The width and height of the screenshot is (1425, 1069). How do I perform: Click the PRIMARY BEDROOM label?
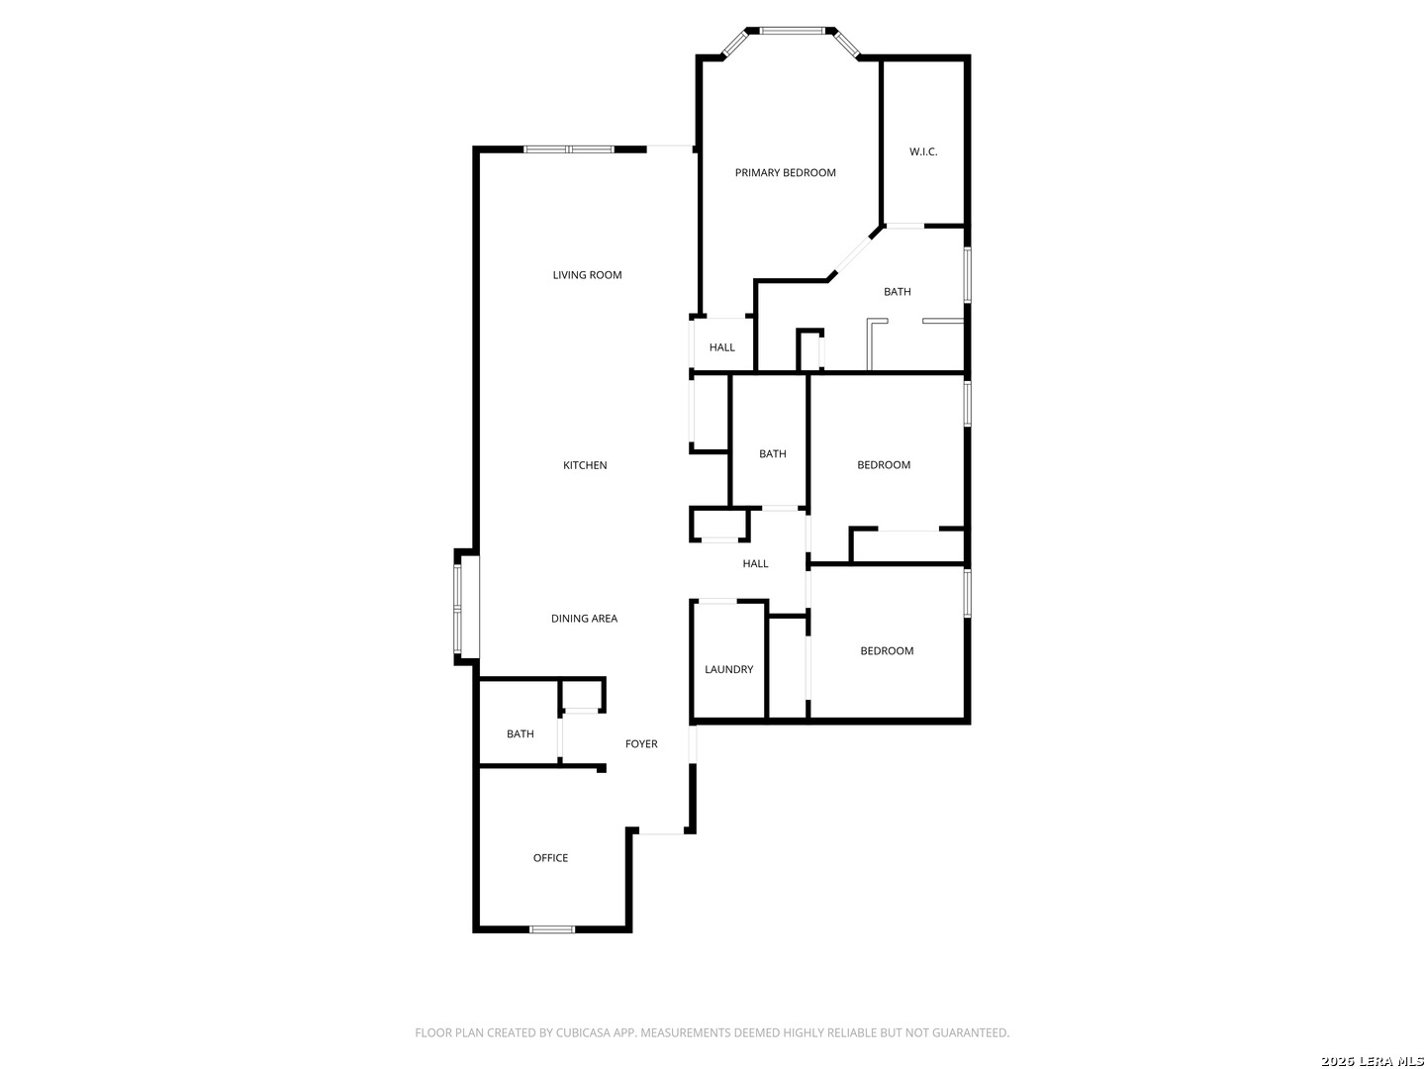pos(785,172)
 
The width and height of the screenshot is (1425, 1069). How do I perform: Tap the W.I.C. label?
pos(923,151)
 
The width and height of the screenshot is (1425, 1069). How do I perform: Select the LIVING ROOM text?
pos(587,275)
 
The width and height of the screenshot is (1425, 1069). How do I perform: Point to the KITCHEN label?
pos(585,465)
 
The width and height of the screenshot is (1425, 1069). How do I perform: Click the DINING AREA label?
pos(584,619)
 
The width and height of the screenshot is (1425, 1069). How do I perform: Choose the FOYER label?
pos(641,743)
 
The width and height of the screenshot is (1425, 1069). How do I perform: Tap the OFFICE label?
pos(550,858)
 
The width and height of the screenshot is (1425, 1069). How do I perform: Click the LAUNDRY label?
pos(729,669)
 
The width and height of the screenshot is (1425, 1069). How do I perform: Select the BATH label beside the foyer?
pos(521,734)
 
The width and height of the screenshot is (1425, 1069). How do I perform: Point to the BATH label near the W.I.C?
pos(898,292)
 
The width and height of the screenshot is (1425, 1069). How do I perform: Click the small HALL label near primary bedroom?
pos(722,347)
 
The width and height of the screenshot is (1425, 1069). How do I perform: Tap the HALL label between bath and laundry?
pos(756,563)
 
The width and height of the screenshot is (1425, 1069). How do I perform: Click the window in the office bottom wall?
pos(552,929)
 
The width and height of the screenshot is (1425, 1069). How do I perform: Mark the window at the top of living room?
pos(569,149)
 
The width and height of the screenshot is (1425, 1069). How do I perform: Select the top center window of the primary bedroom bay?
pos(792,31)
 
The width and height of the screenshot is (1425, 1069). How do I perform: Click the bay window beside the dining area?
pos(458,609)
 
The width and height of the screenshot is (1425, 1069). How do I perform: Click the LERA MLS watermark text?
pos(1390,1060)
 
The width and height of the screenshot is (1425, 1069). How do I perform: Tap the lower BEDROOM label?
pos(887,651)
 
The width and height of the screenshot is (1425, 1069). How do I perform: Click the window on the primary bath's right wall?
pos(967,275)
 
